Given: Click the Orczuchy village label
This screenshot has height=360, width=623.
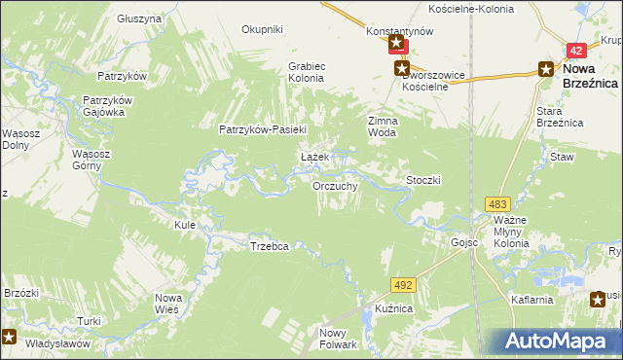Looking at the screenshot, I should pyautogui.click(x=336, y=186).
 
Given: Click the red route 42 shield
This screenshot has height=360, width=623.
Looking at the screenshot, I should pyautogui.click(x=577, y=51).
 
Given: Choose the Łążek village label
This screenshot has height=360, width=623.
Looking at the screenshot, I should pyautogui.click(x=312, y=158).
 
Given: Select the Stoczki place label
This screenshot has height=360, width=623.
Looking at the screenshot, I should pyautogui.click(x=424, y=180).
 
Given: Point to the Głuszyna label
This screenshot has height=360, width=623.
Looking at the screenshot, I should pyautogui.click(x=139, y=18).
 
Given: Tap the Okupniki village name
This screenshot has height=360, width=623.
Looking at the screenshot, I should pyautogui.click(x=262, y=29).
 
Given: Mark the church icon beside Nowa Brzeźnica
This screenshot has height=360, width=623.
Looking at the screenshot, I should pyautogui.click(x=546, y=68).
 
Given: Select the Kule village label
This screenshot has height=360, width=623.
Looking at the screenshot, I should pyautogui.click(x=185, y=225).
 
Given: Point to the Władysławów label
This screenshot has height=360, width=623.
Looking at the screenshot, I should pyautogui.click(x=57, y=343).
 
